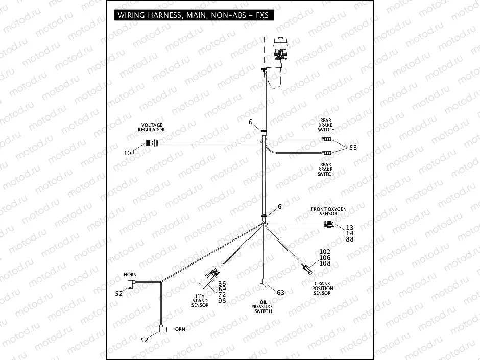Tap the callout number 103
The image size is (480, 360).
click(130, 153)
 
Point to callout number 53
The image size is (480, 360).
click(354, 148)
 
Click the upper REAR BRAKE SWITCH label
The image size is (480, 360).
click(326, 125)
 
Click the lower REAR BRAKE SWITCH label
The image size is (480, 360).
click(326, 169)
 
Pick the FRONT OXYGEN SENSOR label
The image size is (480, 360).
click(329, 211)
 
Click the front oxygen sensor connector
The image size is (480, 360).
click(332, 225)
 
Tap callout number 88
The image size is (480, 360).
click(350, 239)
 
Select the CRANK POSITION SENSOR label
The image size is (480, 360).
click(323, 289)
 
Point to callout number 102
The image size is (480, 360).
click(325, 252)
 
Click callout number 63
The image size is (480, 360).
click(280, 292)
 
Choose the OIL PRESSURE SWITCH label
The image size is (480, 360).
click(263, 306)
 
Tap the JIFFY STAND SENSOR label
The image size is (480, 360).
click(200, 300)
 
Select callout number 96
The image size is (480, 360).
click(222, 300)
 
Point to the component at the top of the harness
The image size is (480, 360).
click(281, 51)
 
